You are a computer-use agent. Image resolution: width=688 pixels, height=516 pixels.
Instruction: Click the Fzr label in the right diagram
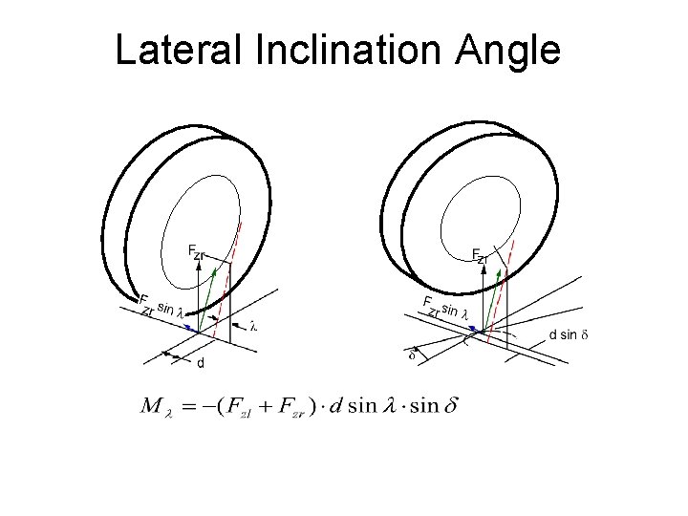pos(481,255)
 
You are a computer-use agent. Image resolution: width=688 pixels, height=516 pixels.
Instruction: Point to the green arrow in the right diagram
pos(495,296)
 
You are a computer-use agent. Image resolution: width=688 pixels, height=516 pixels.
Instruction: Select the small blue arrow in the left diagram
pos(192,326)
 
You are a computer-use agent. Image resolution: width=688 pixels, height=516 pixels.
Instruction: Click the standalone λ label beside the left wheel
pos(253,325)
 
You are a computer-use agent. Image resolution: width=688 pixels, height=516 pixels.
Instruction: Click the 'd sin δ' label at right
pos(570,334)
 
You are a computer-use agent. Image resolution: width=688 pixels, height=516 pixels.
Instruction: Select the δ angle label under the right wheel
pos(412,355)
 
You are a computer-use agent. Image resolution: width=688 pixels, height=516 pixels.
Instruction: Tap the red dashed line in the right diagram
pos(504,277)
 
